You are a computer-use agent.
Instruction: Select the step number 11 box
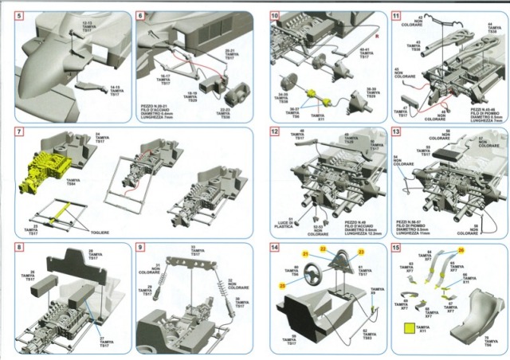coord(396,17)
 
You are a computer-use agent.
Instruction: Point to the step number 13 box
coord(396,132)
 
